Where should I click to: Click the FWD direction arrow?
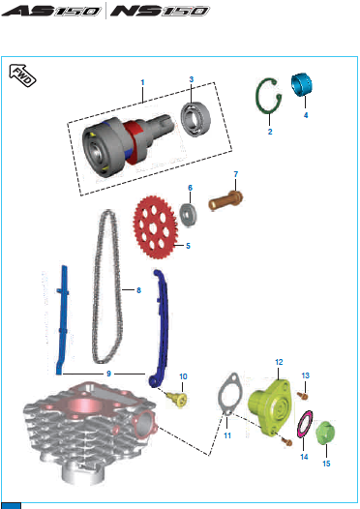(x=22, y=75)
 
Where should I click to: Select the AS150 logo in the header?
(x=51, y=11)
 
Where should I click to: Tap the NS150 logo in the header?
(x=160, y=11)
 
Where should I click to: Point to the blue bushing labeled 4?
(x=302, y=85)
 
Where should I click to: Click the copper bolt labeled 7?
(x=225, y=200)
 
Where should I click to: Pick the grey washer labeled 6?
(x=189, y=215)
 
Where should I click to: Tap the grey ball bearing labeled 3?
(x=195, y=119)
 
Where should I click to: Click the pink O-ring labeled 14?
(x=305, y=424)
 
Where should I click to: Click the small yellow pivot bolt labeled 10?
(x=177, y=400)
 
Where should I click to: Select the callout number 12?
(x=279, y=362)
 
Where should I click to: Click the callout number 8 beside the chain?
(x=139, y=290)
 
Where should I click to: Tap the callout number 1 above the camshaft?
(x=142, y=83)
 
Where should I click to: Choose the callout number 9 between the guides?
(x=108, y=374)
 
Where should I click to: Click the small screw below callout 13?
(x=303, y=396)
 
